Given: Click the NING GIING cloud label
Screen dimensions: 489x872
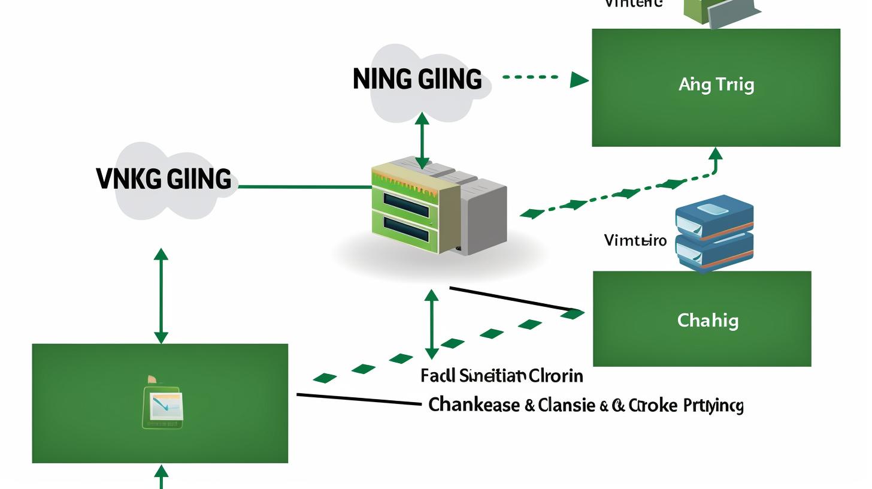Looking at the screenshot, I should (x=417, y=80).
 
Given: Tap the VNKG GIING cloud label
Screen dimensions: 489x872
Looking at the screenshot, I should (x=163, y=179).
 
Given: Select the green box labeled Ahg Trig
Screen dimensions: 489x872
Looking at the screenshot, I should (x=716, y=87).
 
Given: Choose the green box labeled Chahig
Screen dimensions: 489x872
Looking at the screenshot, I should (x=702, y=319).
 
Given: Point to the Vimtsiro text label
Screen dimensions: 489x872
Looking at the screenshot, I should (x=635, y=241).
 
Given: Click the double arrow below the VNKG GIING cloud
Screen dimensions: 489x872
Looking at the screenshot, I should (x=161, y=296).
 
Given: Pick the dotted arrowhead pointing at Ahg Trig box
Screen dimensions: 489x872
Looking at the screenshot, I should (x=579, y=79).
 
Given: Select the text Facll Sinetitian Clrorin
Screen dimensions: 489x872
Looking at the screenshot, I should (x=501, y=376).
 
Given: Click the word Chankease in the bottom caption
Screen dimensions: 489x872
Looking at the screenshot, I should (x=474, y=405).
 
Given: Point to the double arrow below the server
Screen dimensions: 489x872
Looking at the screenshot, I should (x=431, y=324).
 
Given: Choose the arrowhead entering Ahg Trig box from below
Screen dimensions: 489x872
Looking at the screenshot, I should (x=715, y=155).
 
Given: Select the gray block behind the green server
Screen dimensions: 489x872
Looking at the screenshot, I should (x=485, y=219).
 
